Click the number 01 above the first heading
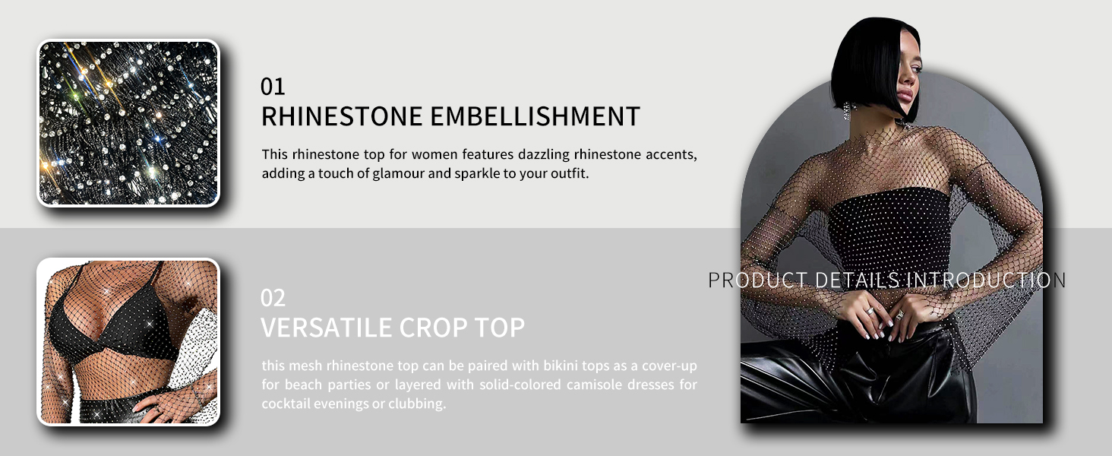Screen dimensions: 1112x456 coord(273,87)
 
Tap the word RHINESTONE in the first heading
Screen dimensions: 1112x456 coord(342,116)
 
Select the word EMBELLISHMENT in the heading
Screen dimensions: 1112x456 coord(535,116)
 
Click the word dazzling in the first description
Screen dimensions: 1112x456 coord(544,154)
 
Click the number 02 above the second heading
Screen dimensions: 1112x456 coord(273,298)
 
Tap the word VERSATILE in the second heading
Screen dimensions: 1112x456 coord(326,328)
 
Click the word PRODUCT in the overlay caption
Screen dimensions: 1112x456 coord(757,280)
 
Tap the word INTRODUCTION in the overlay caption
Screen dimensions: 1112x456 coord(987,280)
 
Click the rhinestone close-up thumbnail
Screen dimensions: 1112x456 coord(128,122)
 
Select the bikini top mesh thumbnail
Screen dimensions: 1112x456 coord(128,342)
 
